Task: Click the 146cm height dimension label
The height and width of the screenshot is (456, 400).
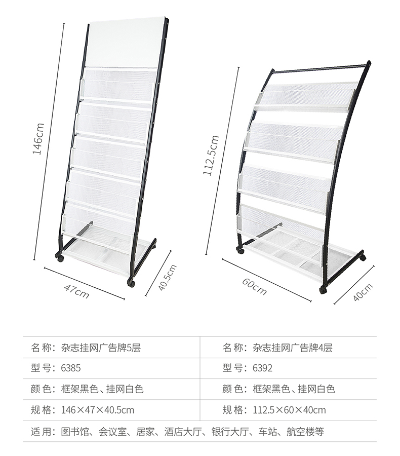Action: pos(38,138)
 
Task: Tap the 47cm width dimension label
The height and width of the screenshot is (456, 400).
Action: pos(77,291)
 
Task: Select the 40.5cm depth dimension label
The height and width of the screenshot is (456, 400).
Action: pos(168,278)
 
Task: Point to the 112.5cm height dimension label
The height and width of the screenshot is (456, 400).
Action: pos(211,155)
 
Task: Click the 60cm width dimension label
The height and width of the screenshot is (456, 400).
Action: pos(254,286)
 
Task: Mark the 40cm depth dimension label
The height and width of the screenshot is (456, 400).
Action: pos(363,292)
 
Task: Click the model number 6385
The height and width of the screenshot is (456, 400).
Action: pos(71,368)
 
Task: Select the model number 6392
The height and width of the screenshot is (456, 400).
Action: pos(262,368)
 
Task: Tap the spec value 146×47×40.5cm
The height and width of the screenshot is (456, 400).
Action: pos(98,410)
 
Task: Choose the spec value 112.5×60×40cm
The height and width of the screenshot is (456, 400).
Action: pos(289,410)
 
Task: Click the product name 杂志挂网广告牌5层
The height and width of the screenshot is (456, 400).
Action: pos(101,348)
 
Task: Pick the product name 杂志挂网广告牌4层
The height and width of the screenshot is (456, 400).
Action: pos(293,348)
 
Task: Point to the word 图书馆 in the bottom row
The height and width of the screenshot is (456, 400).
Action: pos(75,432)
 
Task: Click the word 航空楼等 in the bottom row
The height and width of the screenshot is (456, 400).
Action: pos(305,432)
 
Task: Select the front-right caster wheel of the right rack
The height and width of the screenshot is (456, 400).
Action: pos(323,290)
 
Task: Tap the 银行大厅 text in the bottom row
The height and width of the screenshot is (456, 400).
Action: pos(230,432)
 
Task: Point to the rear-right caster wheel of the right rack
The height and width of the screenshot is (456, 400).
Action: pos(362,257)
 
